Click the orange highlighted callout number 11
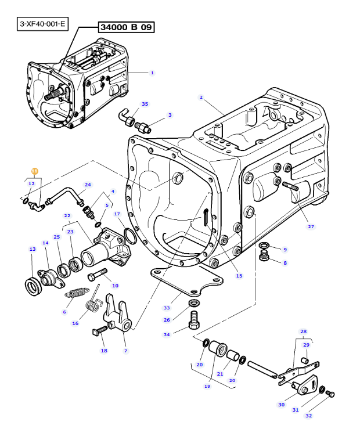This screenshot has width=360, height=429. (34, 171)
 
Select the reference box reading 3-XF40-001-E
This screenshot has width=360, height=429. (42, 24)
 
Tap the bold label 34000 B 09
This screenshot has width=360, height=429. (126, 27)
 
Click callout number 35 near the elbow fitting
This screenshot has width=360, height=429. (145, 104)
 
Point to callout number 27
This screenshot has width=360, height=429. (311, 226)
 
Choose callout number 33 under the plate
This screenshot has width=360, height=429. (167, 308)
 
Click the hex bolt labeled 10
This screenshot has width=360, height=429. (98, 275)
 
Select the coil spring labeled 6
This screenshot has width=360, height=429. (77, 292)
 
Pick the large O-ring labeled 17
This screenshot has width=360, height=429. (130, 236)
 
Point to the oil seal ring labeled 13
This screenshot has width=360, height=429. (33, 286)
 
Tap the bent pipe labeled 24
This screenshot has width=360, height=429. (65, 196)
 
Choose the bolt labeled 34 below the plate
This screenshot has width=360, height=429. (194, 320)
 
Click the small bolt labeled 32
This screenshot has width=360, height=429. (330, 394)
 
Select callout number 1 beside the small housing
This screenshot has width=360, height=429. (152, 73)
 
